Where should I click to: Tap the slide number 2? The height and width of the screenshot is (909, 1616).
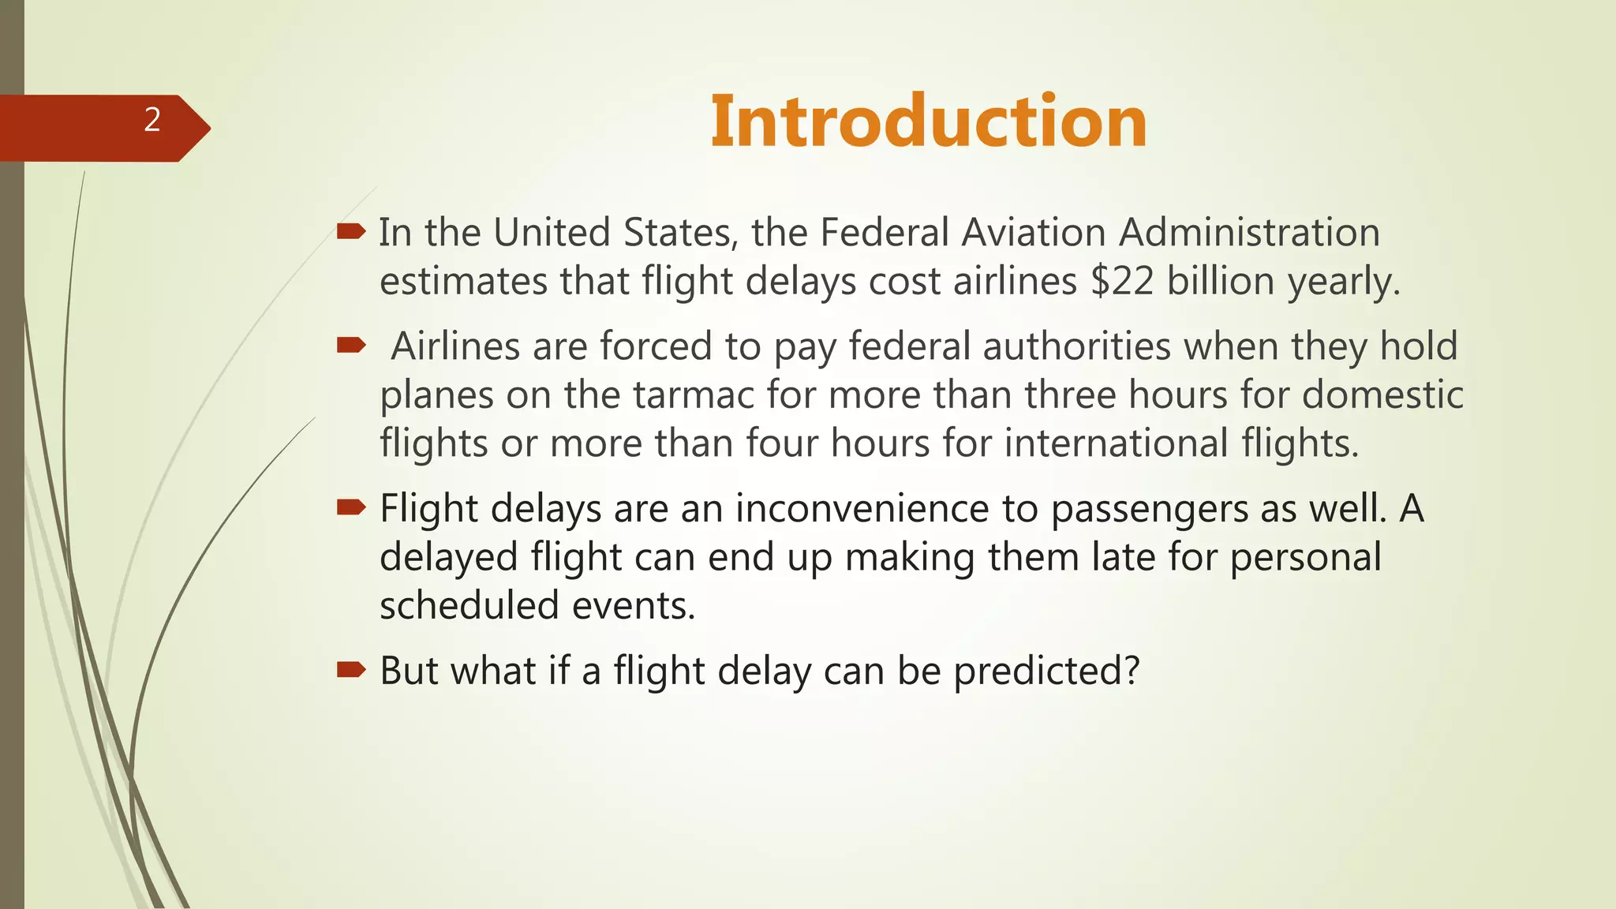(152, 120)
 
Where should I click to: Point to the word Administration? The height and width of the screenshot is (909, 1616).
(1249, 233)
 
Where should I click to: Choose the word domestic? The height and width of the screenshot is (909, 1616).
(1382, 395)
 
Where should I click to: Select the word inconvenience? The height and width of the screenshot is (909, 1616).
(862, 509)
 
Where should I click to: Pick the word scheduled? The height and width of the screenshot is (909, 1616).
(469, 606)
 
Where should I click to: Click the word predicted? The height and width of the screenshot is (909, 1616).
(1046, 671)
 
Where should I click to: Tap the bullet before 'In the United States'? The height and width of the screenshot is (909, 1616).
(350, 231)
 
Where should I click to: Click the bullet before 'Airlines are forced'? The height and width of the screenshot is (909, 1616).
(350, 345)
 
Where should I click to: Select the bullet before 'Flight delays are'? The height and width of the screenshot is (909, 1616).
(350, 507)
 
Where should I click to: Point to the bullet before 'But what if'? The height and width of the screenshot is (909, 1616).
(350, 670)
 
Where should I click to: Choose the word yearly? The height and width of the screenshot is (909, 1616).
(1343, 282)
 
